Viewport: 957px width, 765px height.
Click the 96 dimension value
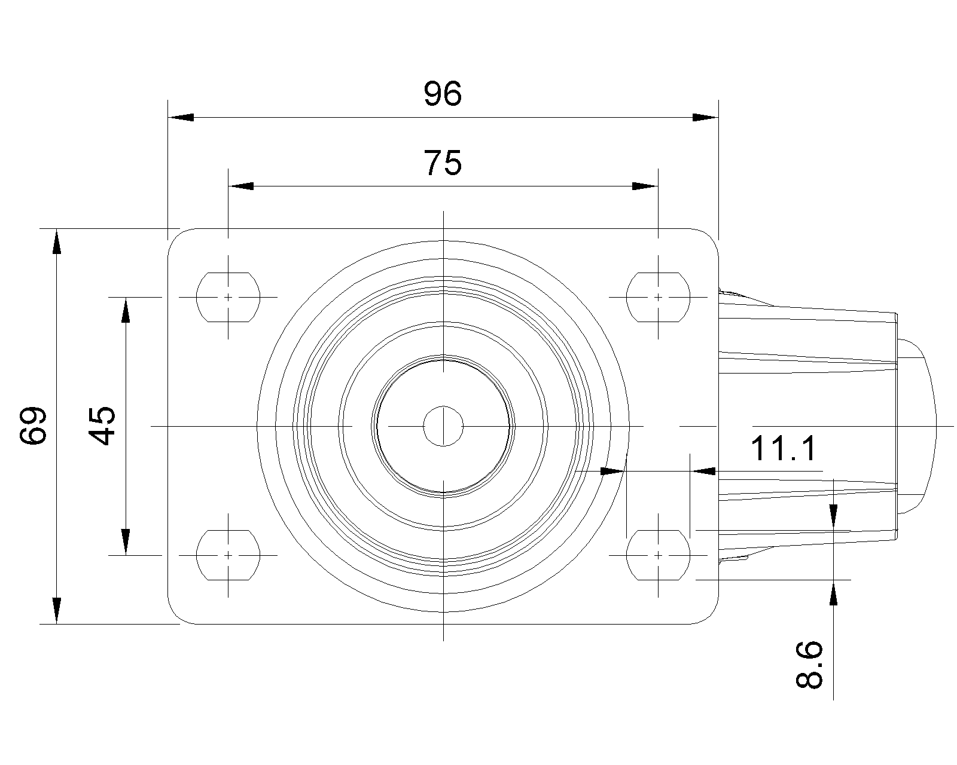coord(443,94)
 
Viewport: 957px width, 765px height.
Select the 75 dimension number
coord(443,163)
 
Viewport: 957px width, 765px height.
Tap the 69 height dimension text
coord(33,426)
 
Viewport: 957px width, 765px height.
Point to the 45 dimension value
coord(103,426)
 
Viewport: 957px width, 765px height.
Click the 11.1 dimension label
coord(784,448)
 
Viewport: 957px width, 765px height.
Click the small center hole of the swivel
coord(443,426)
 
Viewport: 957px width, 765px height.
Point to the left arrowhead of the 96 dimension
coord(181,117)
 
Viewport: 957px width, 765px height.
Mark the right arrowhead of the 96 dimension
coord(706,117)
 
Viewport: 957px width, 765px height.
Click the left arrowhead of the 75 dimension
coord(241,186)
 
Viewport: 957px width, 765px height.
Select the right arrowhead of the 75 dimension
coord(645,186)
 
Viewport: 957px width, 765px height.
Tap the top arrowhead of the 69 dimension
coord(56,241)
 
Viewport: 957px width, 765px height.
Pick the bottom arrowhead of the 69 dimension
coord(56,611)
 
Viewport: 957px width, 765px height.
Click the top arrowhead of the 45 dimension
coord(126,310)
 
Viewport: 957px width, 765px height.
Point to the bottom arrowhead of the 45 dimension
coord(126,542)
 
